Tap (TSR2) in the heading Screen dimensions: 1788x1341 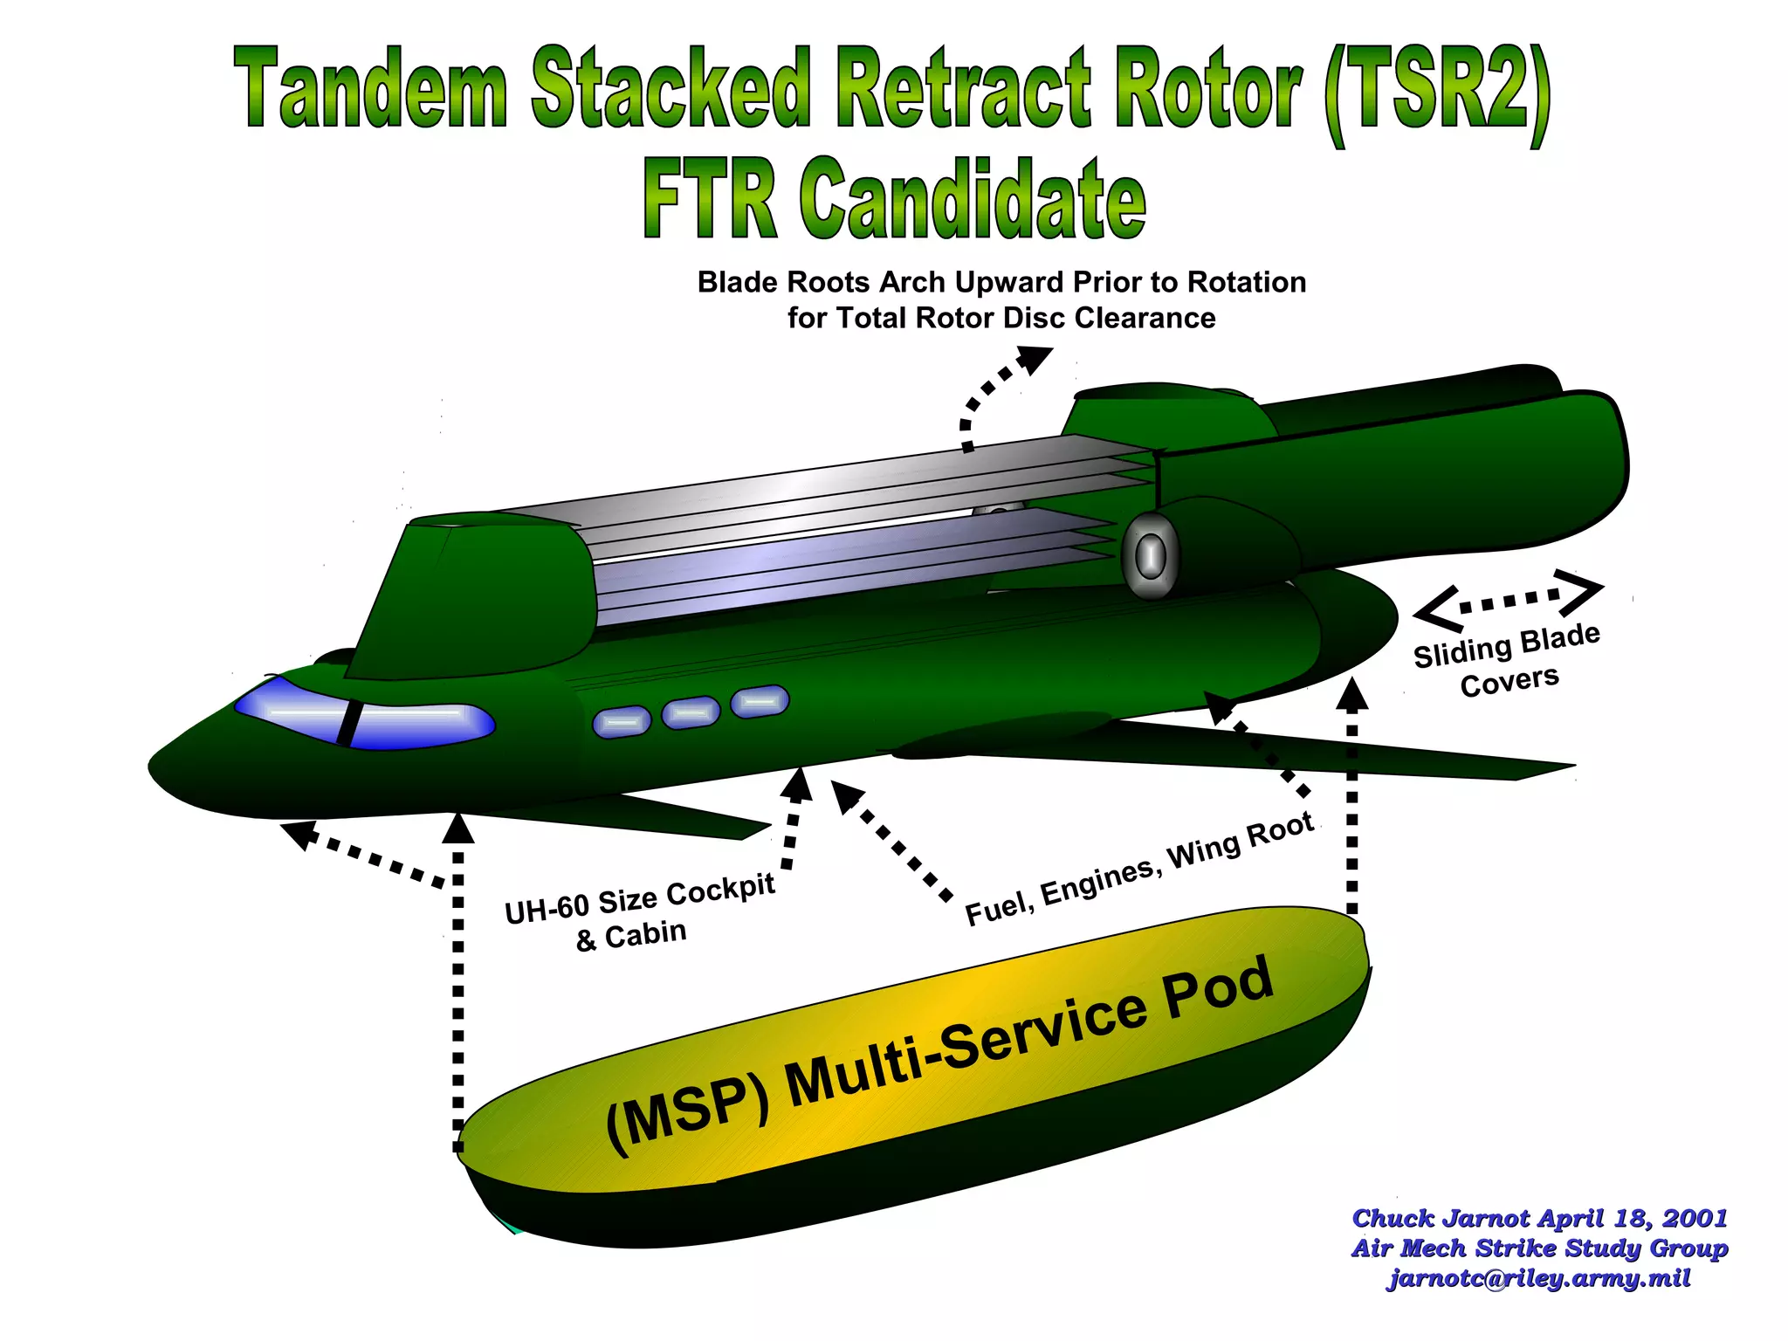point(1437,93)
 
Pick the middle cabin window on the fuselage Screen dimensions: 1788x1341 point(691,712)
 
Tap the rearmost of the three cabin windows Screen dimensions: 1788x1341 point(760,701)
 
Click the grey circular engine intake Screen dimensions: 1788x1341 point(1150,555)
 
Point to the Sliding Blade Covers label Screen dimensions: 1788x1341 point(1508,660)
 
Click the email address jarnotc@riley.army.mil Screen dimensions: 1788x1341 point(1538,1279)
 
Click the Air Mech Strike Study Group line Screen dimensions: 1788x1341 point(1538,1248)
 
